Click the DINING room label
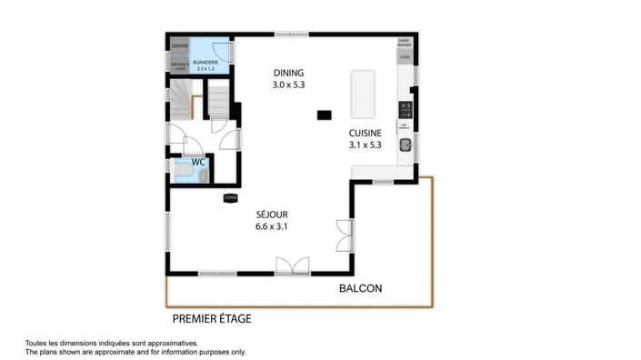(288, 73)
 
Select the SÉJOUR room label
(271, 215)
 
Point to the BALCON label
(360, 289)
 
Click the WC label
(197, 162)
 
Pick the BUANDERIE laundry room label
(205, 64)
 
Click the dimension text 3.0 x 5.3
(288, 85)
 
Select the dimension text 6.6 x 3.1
(271, 227)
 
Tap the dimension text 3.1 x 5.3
(365, 144)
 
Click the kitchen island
(363, 95)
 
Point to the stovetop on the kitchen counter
(406, 110)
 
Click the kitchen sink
(406, 144)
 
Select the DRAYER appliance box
(179, 45)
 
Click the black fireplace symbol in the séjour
(230, 196)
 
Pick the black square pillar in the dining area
(323, 115)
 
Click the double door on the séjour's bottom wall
(293, 265)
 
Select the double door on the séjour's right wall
(343, 235)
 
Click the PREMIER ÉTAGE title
(212, 319)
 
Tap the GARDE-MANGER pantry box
(405, 43)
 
